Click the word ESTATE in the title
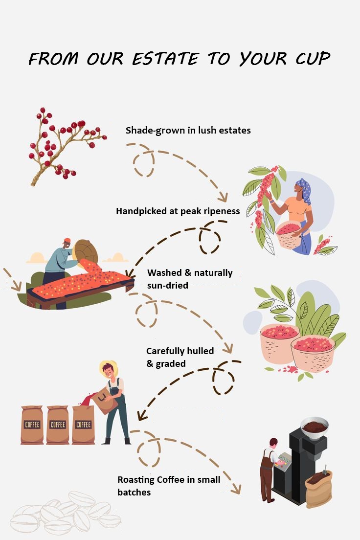click(x=166, y=59)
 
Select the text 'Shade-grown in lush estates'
click(x=188, y=130)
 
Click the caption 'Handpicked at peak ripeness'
click(x=178, y=211)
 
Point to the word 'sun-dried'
click(x=167, y=285)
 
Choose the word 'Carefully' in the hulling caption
click(x=165, y=351)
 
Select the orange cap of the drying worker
click(x=67, y=240)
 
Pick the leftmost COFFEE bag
click(x=32, y=424)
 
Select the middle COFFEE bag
click(x=58, y=424)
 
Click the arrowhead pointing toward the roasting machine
click(x=237, y=488)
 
